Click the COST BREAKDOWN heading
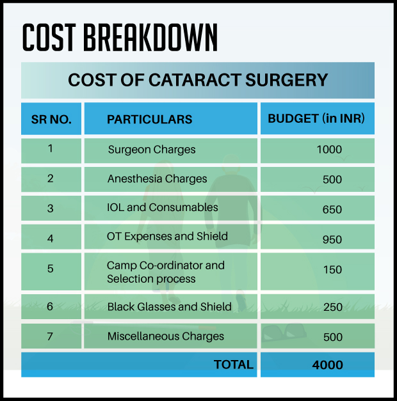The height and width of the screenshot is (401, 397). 120,38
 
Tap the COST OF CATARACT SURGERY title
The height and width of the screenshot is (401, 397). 198,81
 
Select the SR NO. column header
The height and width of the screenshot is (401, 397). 51,119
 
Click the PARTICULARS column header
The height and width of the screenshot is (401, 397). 149,119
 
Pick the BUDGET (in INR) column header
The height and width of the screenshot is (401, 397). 316,118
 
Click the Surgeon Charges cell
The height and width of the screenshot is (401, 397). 152,150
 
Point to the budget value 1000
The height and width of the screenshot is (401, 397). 329,150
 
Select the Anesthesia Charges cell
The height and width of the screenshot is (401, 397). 157,178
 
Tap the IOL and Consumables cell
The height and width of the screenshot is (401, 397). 163,207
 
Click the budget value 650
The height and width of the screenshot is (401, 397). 332,209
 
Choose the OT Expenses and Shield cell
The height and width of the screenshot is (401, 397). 167,237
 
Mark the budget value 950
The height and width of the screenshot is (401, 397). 332,240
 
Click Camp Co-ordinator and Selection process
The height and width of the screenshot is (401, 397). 165,272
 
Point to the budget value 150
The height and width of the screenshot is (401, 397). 332,269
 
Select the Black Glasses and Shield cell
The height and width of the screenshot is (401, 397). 169,306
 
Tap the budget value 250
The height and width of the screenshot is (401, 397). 332,307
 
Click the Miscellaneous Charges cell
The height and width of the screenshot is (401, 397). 165,336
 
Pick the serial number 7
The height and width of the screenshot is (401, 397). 50,336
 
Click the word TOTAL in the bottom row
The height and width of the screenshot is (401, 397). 234,365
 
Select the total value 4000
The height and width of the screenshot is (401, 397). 328,365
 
